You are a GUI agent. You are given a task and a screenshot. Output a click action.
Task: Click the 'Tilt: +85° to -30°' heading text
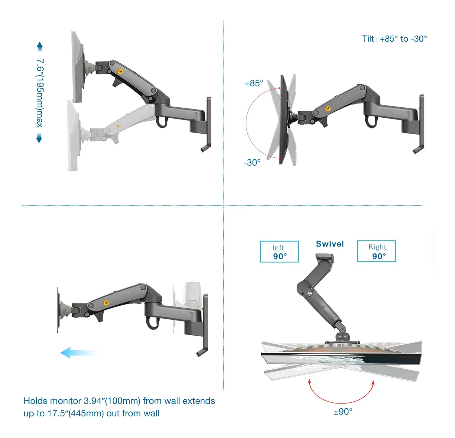coord(394,39)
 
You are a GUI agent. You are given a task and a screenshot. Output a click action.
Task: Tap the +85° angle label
coord(254,83)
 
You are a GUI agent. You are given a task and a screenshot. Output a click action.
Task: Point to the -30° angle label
coord(252,163)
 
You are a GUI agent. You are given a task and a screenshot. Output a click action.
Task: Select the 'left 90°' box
coord(279,251)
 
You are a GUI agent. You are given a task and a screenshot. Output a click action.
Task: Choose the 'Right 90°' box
coord(376,251)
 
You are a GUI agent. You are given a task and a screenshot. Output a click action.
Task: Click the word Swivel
coord(329,244)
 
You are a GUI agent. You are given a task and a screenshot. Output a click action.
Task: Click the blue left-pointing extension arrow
coord(81,352)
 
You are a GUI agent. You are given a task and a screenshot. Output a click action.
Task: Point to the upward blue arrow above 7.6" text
coord(40,46)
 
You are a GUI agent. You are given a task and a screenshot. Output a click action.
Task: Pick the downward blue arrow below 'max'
coord(39,138)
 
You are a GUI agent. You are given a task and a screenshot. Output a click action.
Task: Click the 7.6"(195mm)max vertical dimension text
coord(40,93)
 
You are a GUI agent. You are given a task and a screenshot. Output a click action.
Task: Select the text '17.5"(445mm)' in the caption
coord(75,413)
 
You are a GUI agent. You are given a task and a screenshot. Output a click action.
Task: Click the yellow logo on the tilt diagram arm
coord(328,108)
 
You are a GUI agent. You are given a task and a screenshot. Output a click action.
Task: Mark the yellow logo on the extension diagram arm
coord(106,303)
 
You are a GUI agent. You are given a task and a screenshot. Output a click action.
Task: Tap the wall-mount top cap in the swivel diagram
coord(325,257)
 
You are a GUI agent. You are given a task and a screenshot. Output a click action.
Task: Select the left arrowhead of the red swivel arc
coord(309,381)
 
